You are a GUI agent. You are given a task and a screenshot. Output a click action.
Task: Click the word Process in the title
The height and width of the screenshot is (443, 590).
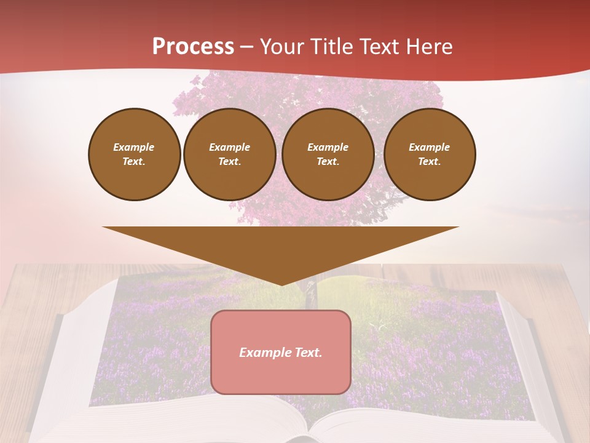pyautogui.click(x=193, y=47)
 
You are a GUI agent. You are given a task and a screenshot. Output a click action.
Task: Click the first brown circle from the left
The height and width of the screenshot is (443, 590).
pyautogui.click(x=134, y=154)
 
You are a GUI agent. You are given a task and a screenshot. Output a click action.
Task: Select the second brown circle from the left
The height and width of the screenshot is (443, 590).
pyautogui.click(x=230, y=154)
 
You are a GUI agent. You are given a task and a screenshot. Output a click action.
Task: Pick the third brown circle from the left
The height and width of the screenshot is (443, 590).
pyautogui.click(x=328, y=154)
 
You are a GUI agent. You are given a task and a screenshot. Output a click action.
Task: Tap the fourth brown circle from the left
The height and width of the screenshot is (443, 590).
pyautogui.click(x=430, y=154)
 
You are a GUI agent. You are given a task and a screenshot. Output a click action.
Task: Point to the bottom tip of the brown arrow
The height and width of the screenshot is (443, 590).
pyautogui.click(x=281, y=284)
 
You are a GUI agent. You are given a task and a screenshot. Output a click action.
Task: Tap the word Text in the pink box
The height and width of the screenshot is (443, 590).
pyautogui.click(x=309, y=353)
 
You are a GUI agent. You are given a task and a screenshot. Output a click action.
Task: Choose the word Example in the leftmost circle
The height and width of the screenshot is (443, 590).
pyautogui.click(x=134, y=147)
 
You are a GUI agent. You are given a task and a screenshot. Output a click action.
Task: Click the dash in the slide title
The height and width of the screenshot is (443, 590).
pyautogui.click(x=246, y=47)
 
